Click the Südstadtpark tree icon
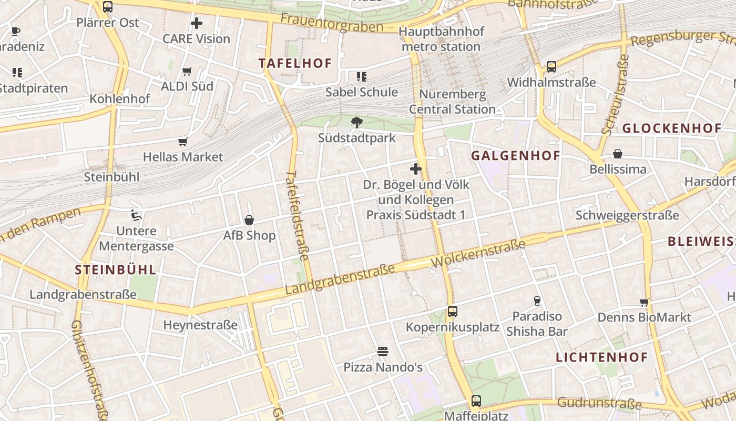[x=357, y=123]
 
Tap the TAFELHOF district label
[x=295, y=64]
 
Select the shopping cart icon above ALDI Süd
[x=187, y=71]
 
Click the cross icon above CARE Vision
[x=196, y=23]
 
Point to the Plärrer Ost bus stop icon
[x=108, y=7]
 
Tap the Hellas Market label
[x=183, y=157]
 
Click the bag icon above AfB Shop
[x=249, y=220]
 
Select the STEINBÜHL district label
[x=116, y=270]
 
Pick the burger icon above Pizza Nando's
[x=383, y=352]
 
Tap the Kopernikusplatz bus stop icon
[x=452, y=311]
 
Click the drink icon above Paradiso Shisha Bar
[x=537, y=301]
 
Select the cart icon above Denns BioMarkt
[x=644, y=303]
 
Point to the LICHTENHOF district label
[x=602, y=358]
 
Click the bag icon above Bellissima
[x=618, y=154]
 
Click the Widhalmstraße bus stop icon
[x=551, y=67]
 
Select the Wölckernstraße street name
[x=478, y=253]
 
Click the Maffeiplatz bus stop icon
[x=476, y=401]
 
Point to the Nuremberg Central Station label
[x=452, y=102]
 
